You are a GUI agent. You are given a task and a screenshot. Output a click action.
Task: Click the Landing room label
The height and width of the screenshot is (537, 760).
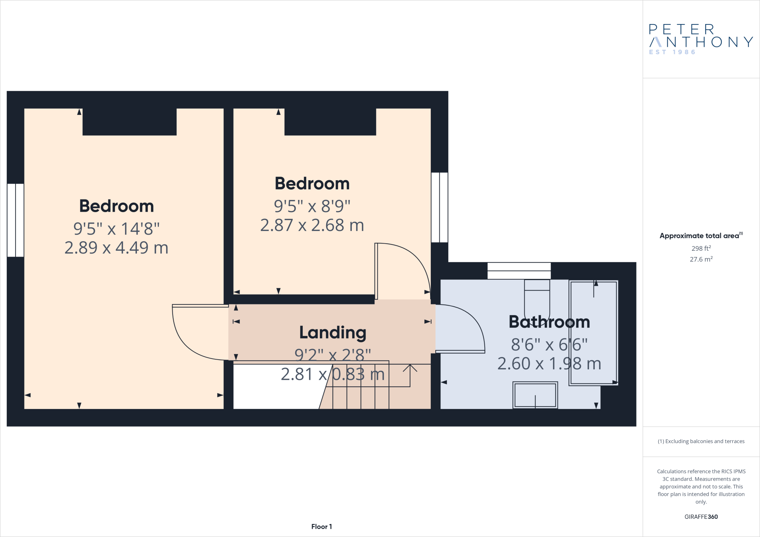(332, 333)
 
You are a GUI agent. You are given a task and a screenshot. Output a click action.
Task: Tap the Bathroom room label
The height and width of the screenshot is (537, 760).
(549, 322)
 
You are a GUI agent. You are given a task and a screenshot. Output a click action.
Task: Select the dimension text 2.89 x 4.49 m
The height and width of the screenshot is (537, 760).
(116, 248)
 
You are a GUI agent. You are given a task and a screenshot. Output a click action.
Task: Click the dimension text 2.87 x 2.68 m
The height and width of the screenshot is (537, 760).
(312, 225)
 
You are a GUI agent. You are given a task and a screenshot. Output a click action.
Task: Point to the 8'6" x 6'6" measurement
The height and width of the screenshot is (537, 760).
(549, 345)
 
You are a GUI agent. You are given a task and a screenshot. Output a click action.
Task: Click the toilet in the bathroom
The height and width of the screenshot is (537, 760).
(537, 297)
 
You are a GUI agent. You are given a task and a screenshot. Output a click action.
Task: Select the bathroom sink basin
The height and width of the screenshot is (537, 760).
(535, 395)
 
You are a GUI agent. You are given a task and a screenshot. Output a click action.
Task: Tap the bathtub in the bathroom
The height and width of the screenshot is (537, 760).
(594, 333)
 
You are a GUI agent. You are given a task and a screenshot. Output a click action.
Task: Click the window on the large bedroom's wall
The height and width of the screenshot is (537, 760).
(16, 220)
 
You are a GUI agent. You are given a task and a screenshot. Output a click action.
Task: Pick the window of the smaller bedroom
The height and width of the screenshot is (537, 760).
(439, 207)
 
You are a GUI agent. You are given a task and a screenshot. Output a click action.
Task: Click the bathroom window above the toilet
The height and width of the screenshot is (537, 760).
(519, 271)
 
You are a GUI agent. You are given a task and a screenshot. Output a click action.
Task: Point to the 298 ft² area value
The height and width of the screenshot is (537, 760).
(701, 248)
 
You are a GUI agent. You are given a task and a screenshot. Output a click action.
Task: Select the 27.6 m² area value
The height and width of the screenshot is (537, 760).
(701, 259)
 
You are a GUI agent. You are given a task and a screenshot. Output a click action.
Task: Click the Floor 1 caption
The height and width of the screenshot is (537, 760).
(321, 527)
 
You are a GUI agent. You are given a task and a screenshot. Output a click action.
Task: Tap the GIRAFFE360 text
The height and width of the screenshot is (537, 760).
(701, 517)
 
